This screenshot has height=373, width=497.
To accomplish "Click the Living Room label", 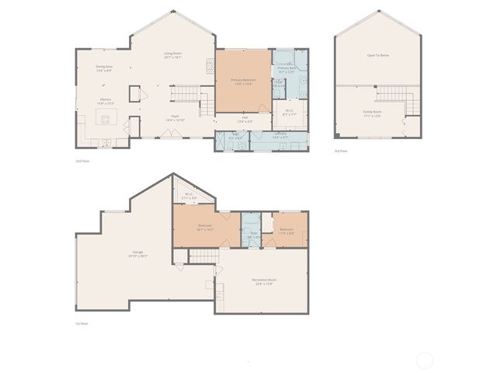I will pyautogui.click(x=172, y=55).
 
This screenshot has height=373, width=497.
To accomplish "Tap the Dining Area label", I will pyautogui.click(x=105, y=68).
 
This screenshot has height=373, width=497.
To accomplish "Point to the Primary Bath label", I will pyautogui.click(x=287, y=69).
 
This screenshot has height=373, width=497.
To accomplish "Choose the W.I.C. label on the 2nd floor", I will pyautogui.click(x=289, y=113).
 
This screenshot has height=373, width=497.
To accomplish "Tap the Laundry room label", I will pyautogui.click(x=280, y=135).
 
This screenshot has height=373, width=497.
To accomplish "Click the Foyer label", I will pyautogui.click(x=176, y=118).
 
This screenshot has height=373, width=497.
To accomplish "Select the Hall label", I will pyautogui.click(x=244, y=120).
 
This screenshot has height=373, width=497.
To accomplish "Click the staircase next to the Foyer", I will pyautogui.click(x=185, y=94).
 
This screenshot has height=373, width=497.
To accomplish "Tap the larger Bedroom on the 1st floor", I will pyautogui.click(x=205, y=228).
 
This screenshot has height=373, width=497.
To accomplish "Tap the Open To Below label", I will pyautogui.click(x=377, y=55).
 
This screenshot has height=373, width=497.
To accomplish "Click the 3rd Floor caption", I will pyautogui.click(x=341, y=151).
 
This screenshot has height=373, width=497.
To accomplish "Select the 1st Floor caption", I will pyautogui.click(x=82, y=323).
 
